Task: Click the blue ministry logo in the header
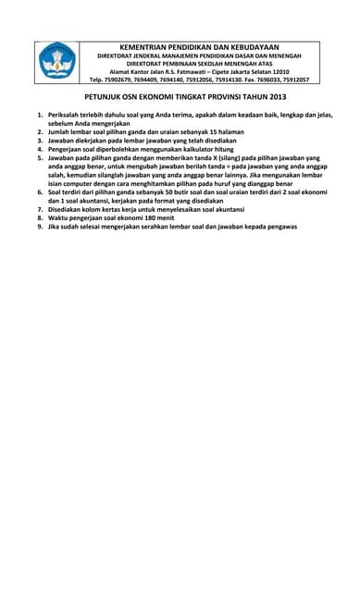click(x=57, y=61)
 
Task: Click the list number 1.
click(x=40, y=115)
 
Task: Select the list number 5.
click(x=40, y=157)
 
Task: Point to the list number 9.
click(x=40, y=227)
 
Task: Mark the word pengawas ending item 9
click(x=279, y=227)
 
